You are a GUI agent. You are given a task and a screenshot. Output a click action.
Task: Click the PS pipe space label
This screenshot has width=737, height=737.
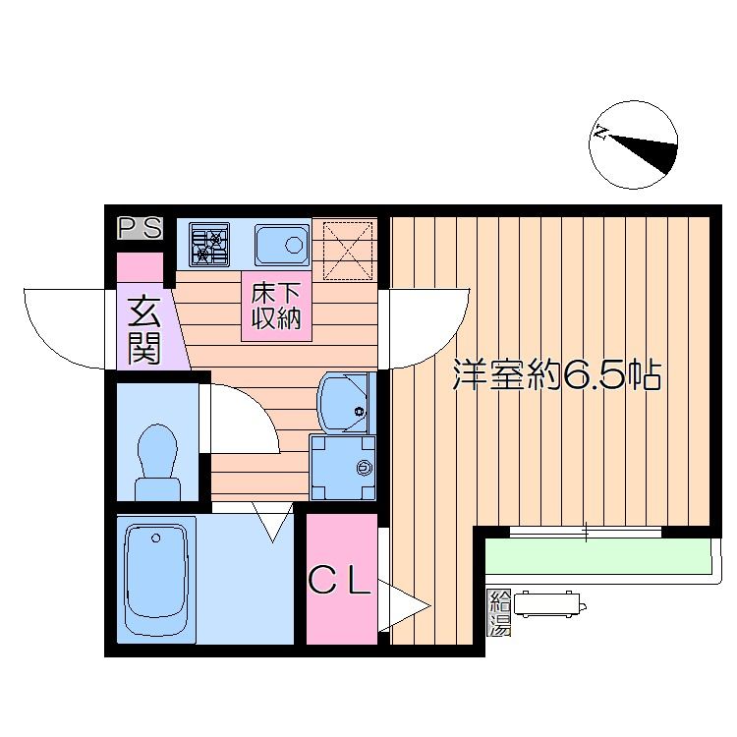click(141, 228)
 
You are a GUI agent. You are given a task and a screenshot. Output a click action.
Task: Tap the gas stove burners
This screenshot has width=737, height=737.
click(209, 245)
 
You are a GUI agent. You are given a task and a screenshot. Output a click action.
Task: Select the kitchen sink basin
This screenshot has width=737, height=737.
click(282, 245)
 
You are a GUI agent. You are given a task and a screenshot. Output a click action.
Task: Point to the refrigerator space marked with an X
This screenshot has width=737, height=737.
click(348, 251)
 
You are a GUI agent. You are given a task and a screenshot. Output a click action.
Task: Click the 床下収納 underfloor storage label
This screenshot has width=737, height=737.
click(276, 306)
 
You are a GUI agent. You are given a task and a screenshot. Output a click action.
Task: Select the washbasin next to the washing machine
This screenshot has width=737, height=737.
click(344, 402)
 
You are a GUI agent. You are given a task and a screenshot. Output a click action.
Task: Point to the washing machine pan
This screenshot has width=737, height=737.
click(343, 467)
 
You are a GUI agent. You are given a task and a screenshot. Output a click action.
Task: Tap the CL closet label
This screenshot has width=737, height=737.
click(339, 579)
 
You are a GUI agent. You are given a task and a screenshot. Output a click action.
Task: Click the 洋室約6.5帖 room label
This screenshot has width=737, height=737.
click(556, 374)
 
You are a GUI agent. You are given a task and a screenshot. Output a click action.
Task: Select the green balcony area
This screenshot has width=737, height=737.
click(597, 556)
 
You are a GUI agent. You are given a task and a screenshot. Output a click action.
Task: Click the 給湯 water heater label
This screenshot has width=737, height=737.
click(498, 613)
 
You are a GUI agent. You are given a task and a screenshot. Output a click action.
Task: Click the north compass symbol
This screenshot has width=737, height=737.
click(633, 144)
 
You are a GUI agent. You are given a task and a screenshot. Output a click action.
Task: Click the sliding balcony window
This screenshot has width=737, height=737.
click(586, 532)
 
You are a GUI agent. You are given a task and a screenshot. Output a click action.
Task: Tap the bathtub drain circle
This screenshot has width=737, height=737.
click(156, 539)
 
